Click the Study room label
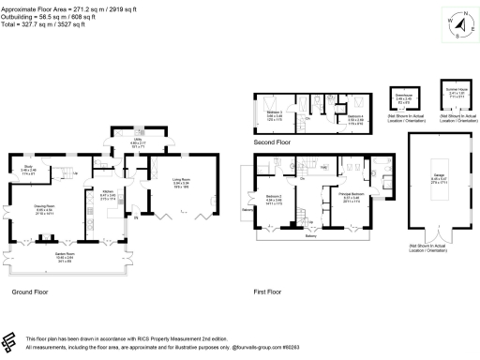tap(28, 170)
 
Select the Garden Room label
tap(65, 257)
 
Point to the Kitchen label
tap(108, 195)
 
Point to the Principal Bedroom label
tap(350, 198)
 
